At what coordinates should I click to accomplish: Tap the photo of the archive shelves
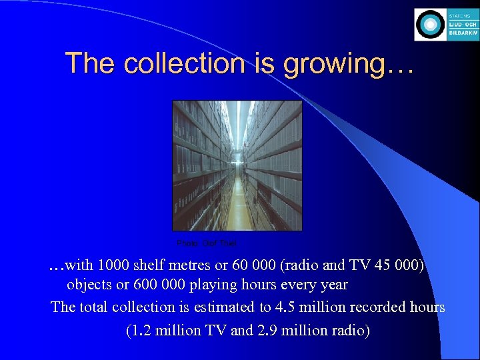point(237,165)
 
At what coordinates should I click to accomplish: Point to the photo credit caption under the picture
point(207,243)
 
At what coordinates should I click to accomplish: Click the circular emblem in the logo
point(430,25)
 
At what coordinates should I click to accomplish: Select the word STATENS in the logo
point(459,15)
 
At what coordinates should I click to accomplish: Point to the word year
point(333,285)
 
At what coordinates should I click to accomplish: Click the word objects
point(90,285)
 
